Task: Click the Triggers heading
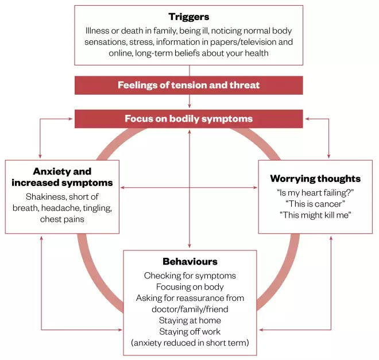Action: pyautogui.click(x=189, y=17)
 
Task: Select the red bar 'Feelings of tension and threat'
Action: pyautogui.click(x=189, y=85)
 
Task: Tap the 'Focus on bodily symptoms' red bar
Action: pyautogui.click(x=189, y=119)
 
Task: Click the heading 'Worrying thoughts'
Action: pyautogui.click(x=315, y=179)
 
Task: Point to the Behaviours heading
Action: pyautogui.click(x=189, y=262)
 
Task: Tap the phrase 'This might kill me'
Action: pyautogui.click(x=315, y=214)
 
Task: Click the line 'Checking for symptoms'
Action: pyautogui.click(x=189, y=276)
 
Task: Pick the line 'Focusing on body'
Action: pyautogui.click(x=189, y=287)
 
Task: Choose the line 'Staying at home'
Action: pyautogui.click(x=189, y=320)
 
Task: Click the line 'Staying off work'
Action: pyautogui.click(x=189, y=331)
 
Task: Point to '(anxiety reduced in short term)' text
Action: pyautogui.click(x=189, y=343)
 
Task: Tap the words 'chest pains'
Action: pyautogui.click(x=62, y=219)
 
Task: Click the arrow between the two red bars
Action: pyautogui.click(x=189, y=102)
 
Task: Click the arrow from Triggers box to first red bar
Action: pyautogui.click(x=189, y=69)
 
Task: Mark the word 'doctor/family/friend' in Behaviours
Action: pyautogui.click(x=189, y=309)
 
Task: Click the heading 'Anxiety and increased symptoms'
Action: pyautogui.click(x=62, y=177)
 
